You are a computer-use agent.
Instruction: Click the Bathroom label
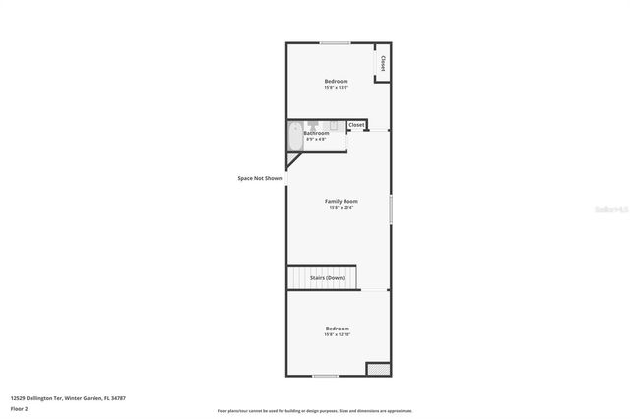click(x=316, y=133)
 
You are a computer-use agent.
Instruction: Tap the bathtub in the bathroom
click(x=294, y=137)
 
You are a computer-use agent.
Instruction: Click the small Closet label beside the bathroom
click(x=356, y=125)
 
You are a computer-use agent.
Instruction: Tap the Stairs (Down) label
click(x=328, y=278)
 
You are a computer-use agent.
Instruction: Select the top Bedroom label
click(x=337, y=81)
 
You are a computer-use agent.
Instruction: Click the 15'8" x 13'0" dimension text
click(x=337, y=87)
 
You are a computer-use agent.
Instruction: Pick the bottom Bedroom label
click(x=338, y=329)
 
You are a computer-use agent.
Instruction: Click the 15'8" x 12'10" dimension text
click(x=338, y=334)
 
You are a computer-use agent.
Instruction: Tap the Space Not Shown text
click(x=260, y=178)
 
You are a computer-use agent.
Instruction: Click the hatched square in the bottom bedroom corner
click(x=378, y=369)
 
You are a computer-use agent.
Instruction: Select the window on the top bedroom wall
click(x=335, y=42)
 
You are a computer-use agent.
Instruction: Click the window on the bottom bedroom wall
click(x=325, y=376)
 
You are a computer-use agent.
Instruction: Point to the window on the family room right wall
click(x=391, y=209)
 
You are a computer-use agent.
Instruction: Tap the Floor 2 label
click(x=20, y=408)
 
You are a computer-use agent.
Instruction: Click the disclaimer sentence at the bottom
click(x=314, y=411)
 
